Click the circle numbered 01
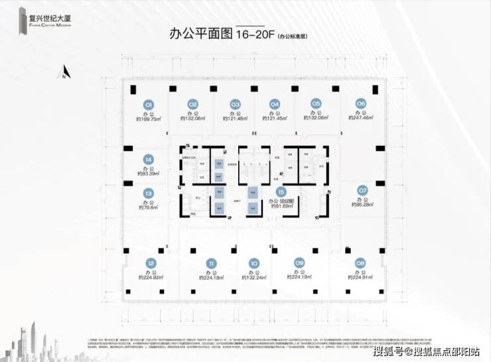(x=149, y=104)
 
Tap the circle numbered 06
(x=361, y=103)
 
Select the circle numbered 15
(x=281, y=191)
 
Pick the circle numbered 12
(x=151, y=263)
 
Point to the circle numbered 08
(x=360, y=262)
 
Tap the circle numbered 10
(x=253, y=263)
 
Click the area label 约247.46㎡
(x=361, y=119)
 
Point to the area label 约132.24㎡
(x=253, y=278)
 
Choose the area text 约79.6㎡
(x=148, y=208)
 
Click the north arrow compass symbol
(x=64, y=72)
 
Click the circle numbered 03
(x=234, y=104)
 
